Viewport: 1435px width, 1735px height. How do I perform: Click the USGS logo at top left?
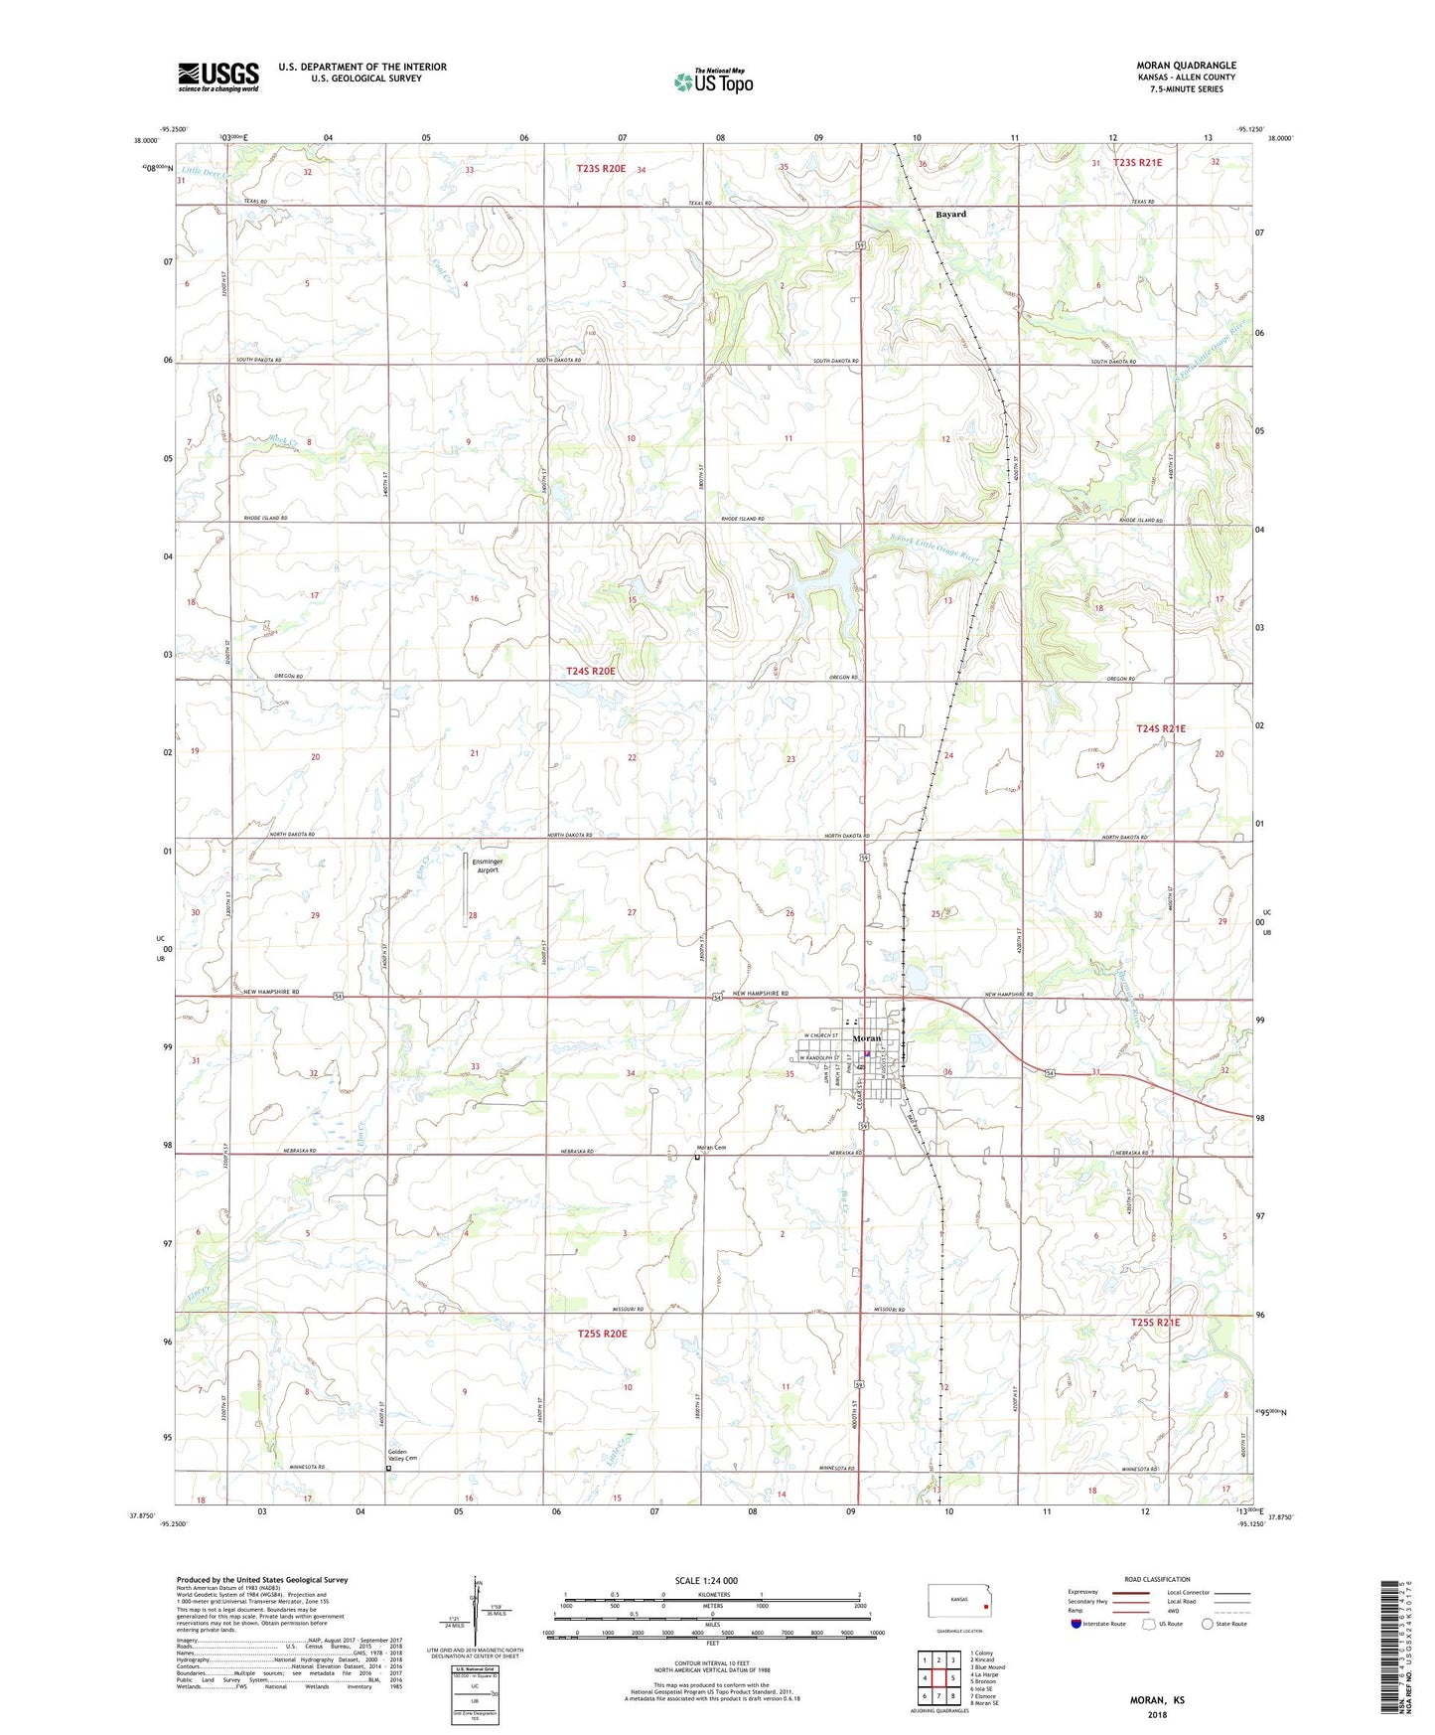218,77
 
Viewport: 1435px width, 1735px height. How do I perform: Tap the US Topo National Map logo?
712,80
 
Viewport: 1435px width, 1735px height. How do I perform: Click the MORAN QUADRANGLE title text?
1186,66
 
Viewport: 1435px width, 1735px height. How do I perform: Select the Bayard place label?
950,214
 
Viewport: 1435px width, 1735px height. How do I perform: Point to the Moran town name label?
867,1038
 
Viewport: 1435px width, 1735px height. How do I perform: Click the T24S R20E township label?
591,671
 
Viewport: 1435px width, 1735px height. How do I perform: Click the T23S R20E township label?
601,169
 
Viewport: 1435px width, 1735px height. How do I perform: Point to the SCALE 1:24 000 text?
706,1580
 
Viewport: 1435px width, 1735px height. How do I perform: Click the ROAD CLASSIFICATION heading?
1157,1579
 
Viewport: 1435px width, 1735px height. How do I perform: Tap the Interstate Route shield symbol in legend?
1077,1624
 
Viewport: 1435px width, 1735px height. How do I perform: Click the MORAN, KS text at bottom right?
1157,1700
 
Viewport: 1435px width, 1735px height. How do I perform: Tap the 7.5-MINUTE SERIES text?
1187,89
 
